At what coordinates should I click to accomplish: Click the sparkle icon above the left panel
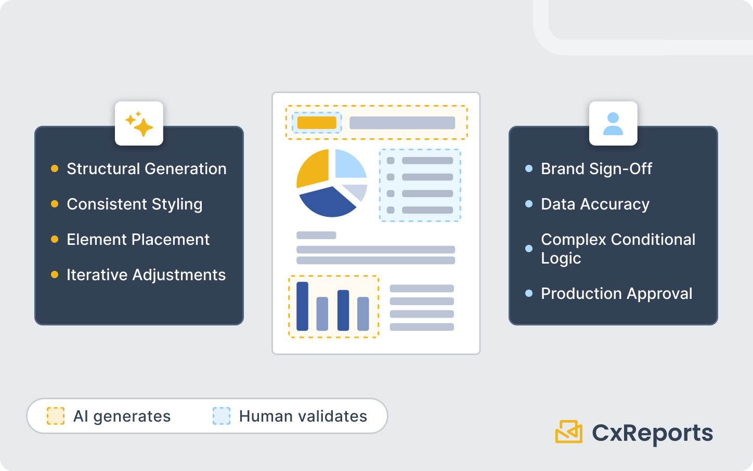(x=139, y=124)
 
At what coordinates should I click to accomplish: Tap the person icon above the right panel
(x=613, y=124)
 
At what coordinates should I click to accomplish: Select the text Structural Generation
(x=146, y=169)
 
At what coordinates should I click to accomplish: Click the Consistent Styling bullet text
(x=134, y=204)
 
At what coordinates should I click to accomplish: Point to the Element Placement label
(x=138, y=240)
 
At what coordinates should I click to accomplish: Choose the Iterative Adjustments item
(x=146, y=275)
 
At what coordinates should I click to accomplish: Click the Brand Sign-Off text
(x=596, y=169)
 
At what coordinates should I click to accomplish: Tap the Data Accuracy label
(x=595, y=204)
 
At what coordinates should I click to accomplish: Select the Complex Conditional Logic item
(x=617, y=248)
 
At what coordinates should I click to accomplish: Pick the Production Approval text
(x=616, y=294)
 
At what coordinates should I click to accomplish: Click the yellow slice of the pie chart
(x=313, y=167)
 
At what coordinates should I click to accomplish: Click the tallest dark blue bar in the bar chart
(x=302, y=306)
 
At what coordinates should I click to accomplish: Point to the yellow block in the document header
(x=317, y=123)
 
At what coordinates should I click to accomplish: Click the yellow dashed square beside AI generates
(x=56, y=416)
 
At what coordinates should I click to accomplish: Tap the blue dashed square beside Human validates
(x=222, y=416)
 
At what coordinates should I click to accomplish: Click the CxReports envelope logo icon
(x=568, y=432)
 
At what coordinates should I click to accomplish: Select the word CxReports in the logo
(x=652, y=433)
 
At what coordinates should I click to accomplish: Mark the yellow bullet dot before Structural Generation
(x=55, y=168)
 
